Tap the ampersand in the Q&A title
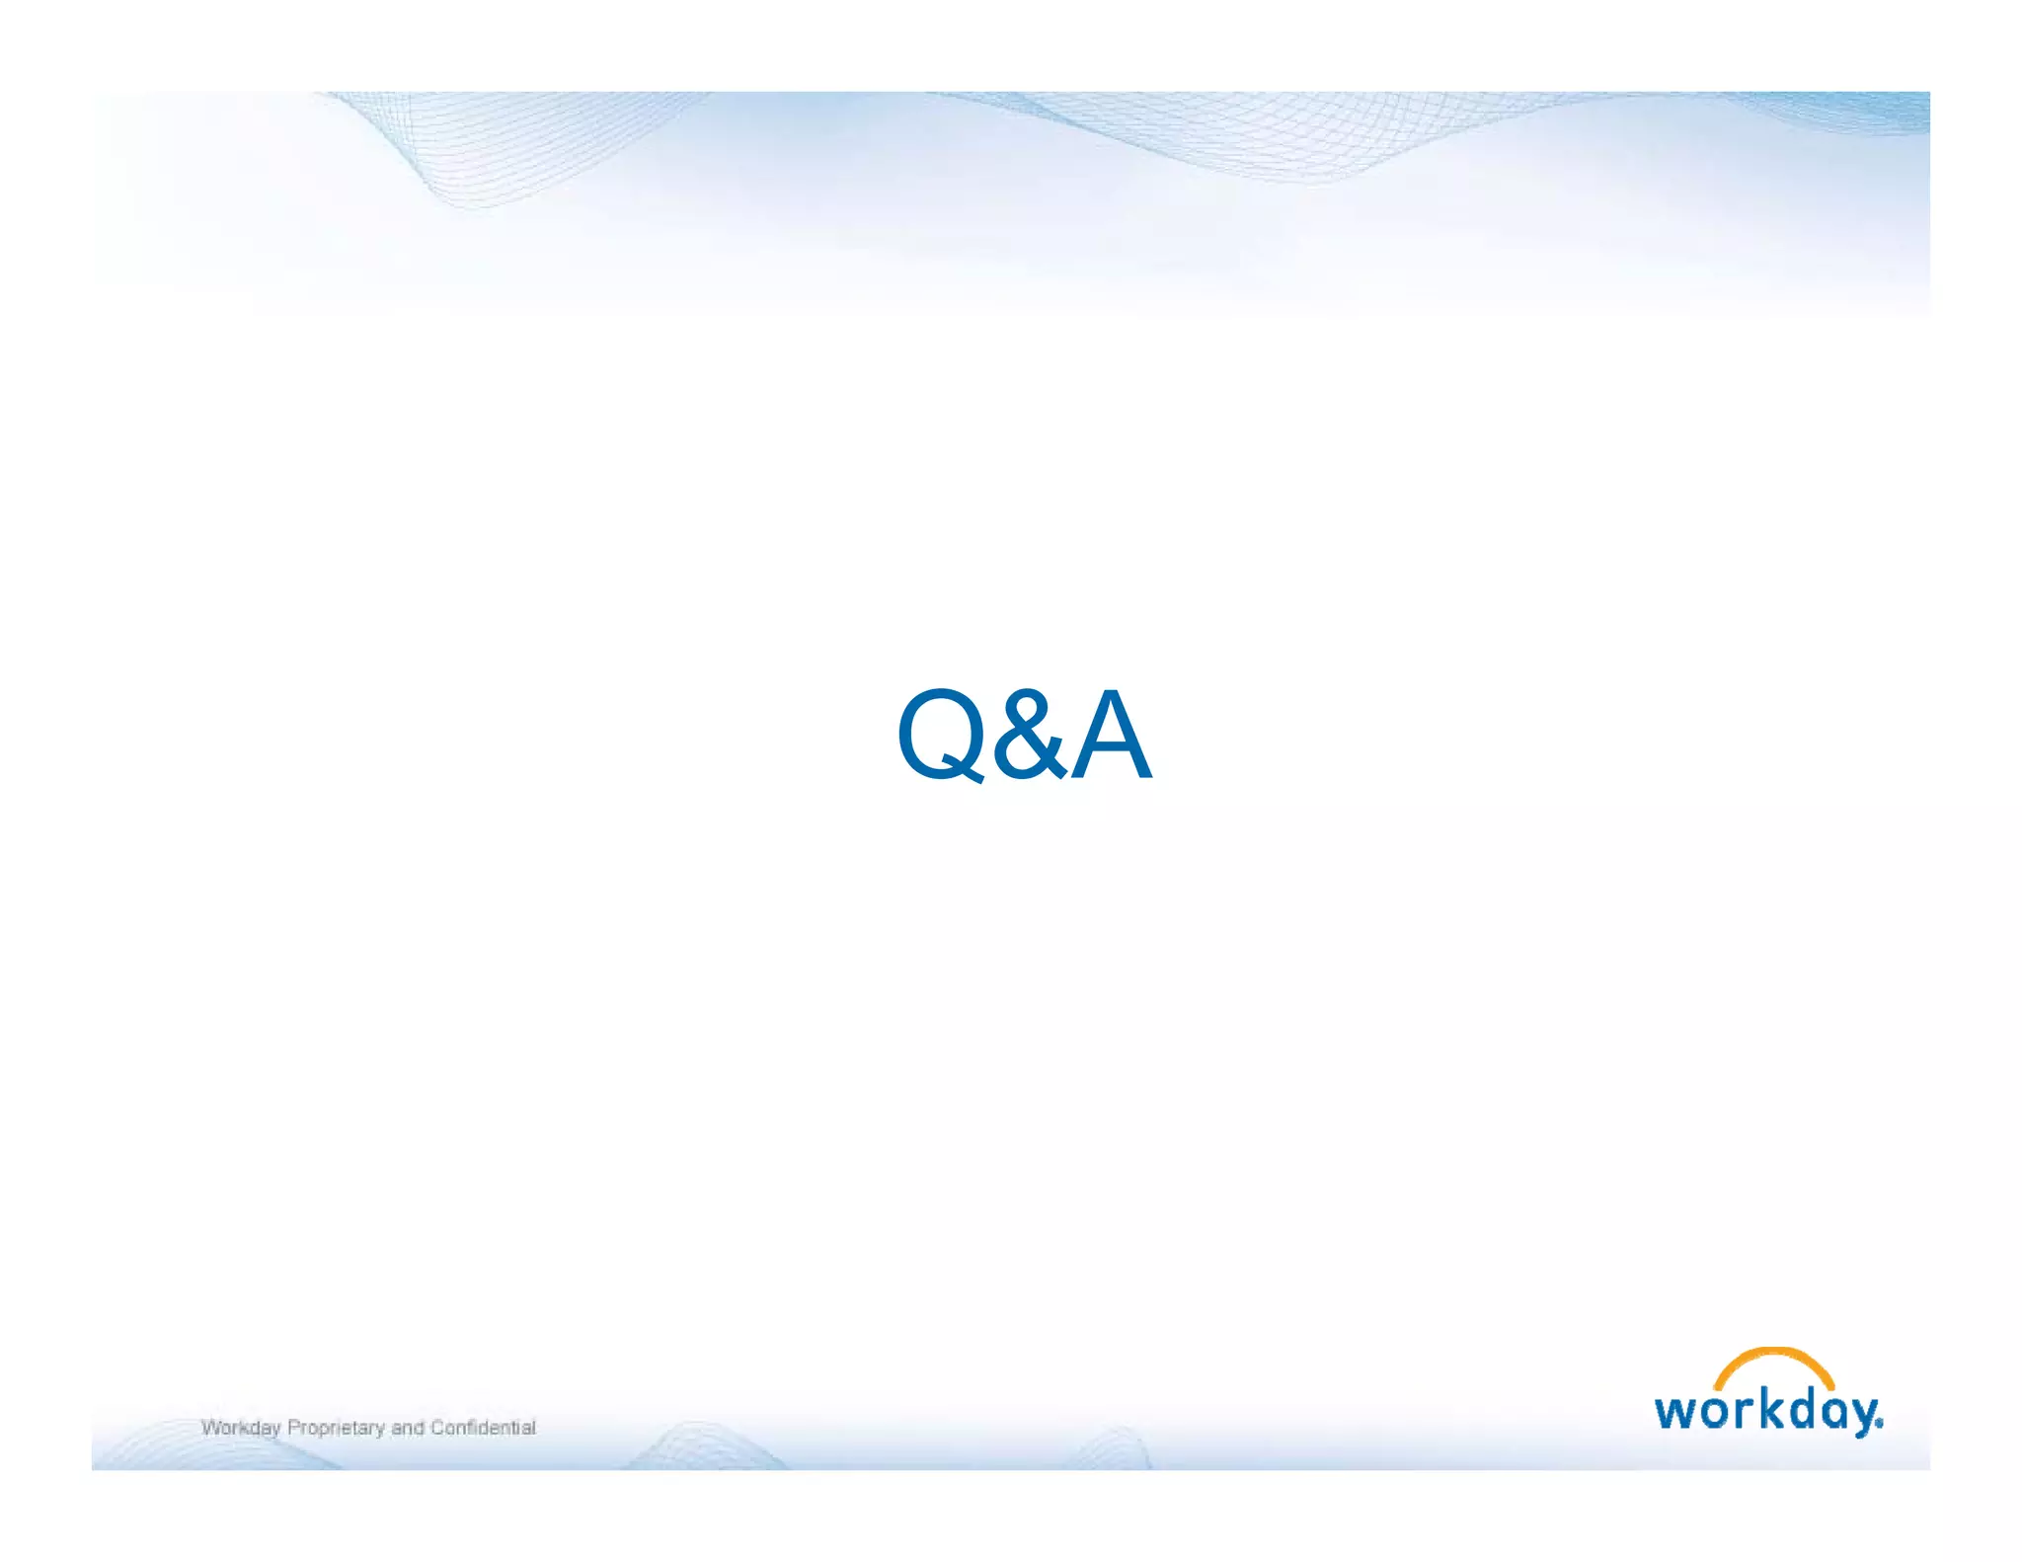[x=1029, y=735]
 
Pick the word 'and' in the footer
[x=407, y=1428]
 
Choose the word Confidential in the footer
[x=483, y=1428]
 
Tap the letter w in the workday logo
[x=1674, y=1412]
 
